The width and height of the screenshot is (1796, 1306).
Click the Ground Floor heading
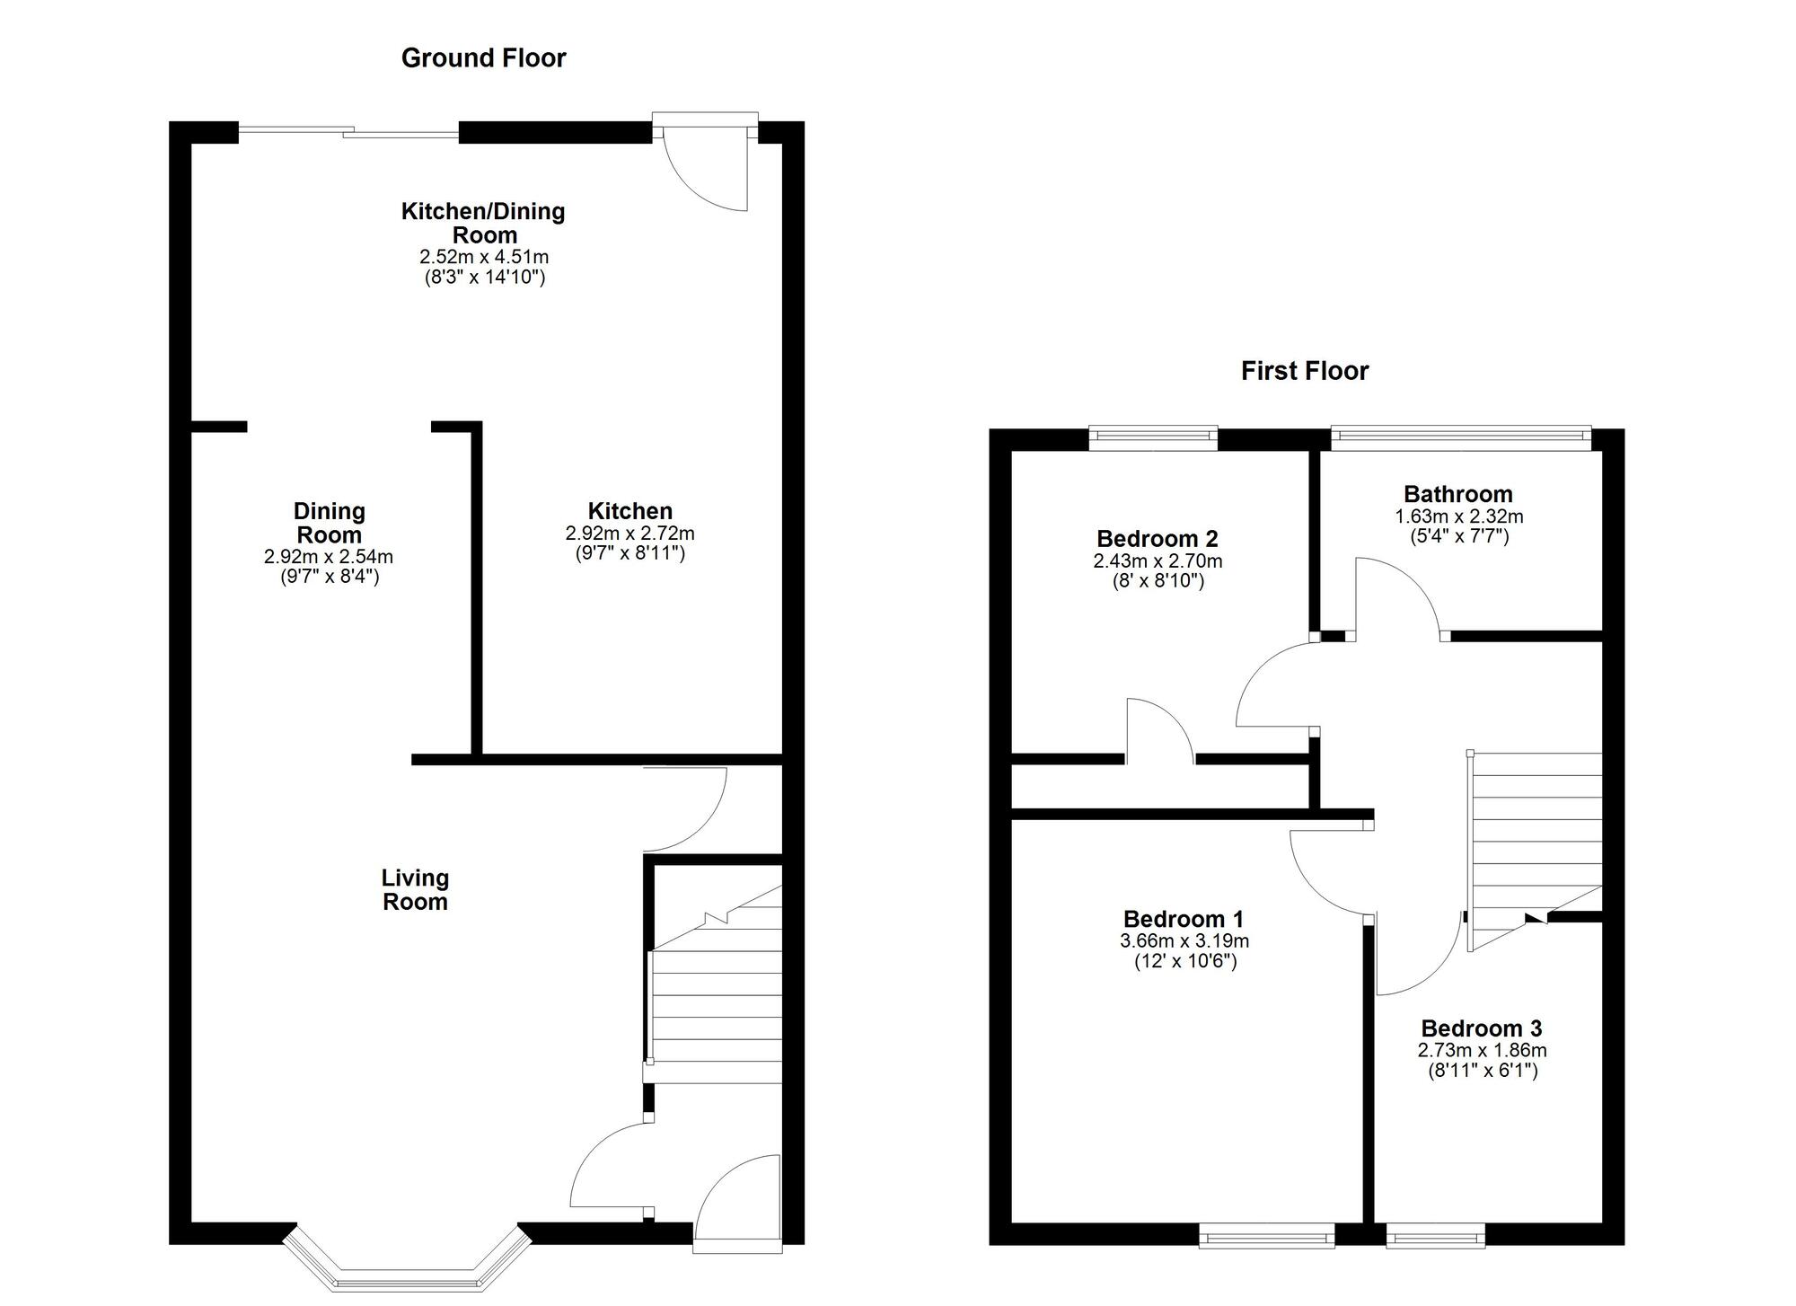point(483,58)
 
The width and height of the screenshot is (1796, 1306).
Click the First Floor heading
point(1305,371)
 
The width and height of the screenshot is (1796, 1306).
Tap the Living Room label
point(415,890)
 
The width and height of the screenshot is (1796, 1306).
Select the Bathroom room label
point(1458,494)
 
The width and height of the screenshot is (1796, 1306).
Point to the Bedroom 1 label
point(1184,919)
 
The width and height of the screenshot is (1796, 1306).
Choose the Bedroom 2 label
point(1158,539)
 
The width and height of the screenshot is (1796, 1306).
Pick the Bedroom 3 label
point(1482,1028)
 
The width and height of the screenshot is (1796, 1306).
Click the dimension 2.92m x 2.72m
point(629,534)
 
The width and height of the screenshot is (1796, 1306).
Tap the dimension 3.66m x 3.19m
point(1184,941)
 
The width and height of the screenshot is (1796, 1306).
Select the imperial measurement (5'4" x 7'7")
point(1459,536)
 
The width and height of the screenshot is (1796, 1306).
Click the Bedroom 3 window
point(1435,1238)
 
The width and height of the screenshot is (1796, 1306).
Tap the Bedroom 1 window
point(1267,1238)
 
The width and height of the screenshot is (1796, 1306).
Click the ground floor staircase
point(715,975)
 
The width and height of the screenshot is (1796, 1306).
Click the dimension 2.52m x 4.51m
point(484,257)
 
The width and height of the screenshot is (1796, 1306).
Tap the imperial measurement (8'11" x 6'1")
point(1483,1071)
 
